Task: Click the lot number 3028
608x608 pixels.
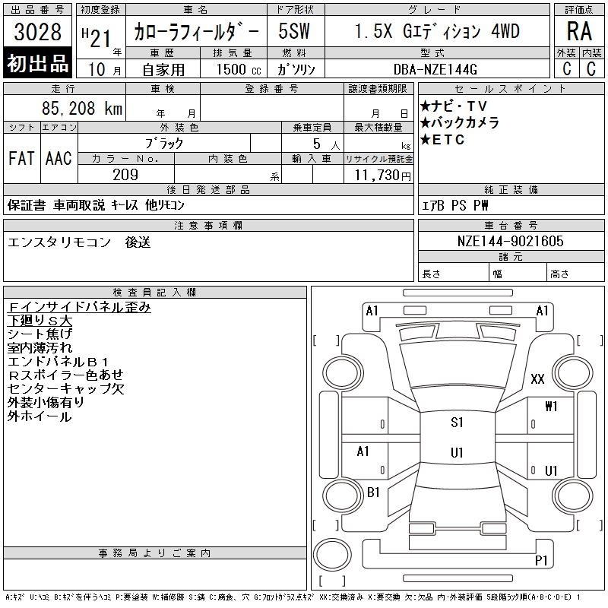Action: (37, 31)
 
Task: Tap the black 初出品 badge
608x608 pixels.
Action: (37, 63)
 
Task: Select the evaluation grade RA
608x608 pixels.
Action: (579, 31)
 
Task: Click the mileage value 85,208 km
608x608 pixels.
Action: (82, 108)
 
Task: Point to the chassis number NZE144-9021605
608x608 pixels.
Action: (510, 241)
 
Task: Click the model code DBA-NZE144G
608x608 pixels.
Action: (435, 69)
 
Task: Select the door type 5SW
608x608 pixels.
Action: (294, 31)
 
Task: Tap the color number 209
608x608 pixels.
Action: (125, 175)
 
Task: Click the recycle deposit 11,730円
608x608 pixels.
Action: (383, 175)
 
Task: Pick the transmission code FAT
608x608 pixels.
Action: (22, 158)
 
